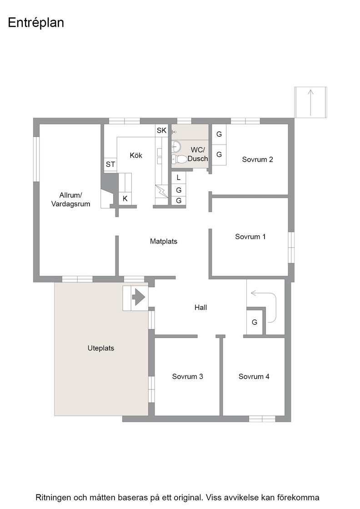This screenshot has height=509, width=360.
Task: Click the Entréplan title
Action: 36,23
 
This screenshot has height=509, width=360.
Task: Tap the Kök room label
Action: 136,155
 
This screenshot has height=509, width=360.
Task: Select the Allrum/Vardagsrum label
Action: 70,200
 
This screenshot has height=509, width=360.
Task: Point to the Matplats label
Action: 164,241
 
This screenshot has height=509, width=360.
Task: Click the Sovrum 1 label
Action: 250,237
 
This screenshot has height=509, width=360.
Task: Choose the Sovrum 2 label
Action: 257,160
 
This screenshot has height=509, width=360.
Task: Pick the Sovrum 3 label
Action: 188,377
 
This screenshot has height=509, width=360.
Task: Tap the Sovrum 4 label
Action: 254,377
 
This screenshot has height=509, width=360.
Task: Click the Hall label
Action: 200,307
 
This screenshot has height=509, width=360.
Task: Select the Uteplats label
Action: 101,348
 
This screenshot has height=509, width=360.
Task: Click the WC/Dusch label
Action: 198,154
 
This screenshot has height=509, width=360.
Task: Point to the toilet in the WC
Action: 179,159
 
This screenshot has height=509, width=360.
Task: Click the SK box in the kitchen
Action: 162,130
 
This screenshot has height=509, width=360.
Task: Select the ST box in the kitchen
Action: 110,164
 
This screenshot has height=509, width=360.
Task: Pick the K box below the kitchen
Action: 125,198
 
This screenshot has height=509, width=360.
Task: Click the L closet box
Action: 179,178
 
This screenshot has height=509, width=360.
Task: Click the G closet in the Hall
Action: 255,322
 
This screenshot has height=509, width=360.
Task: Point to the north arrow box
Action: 310,102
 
